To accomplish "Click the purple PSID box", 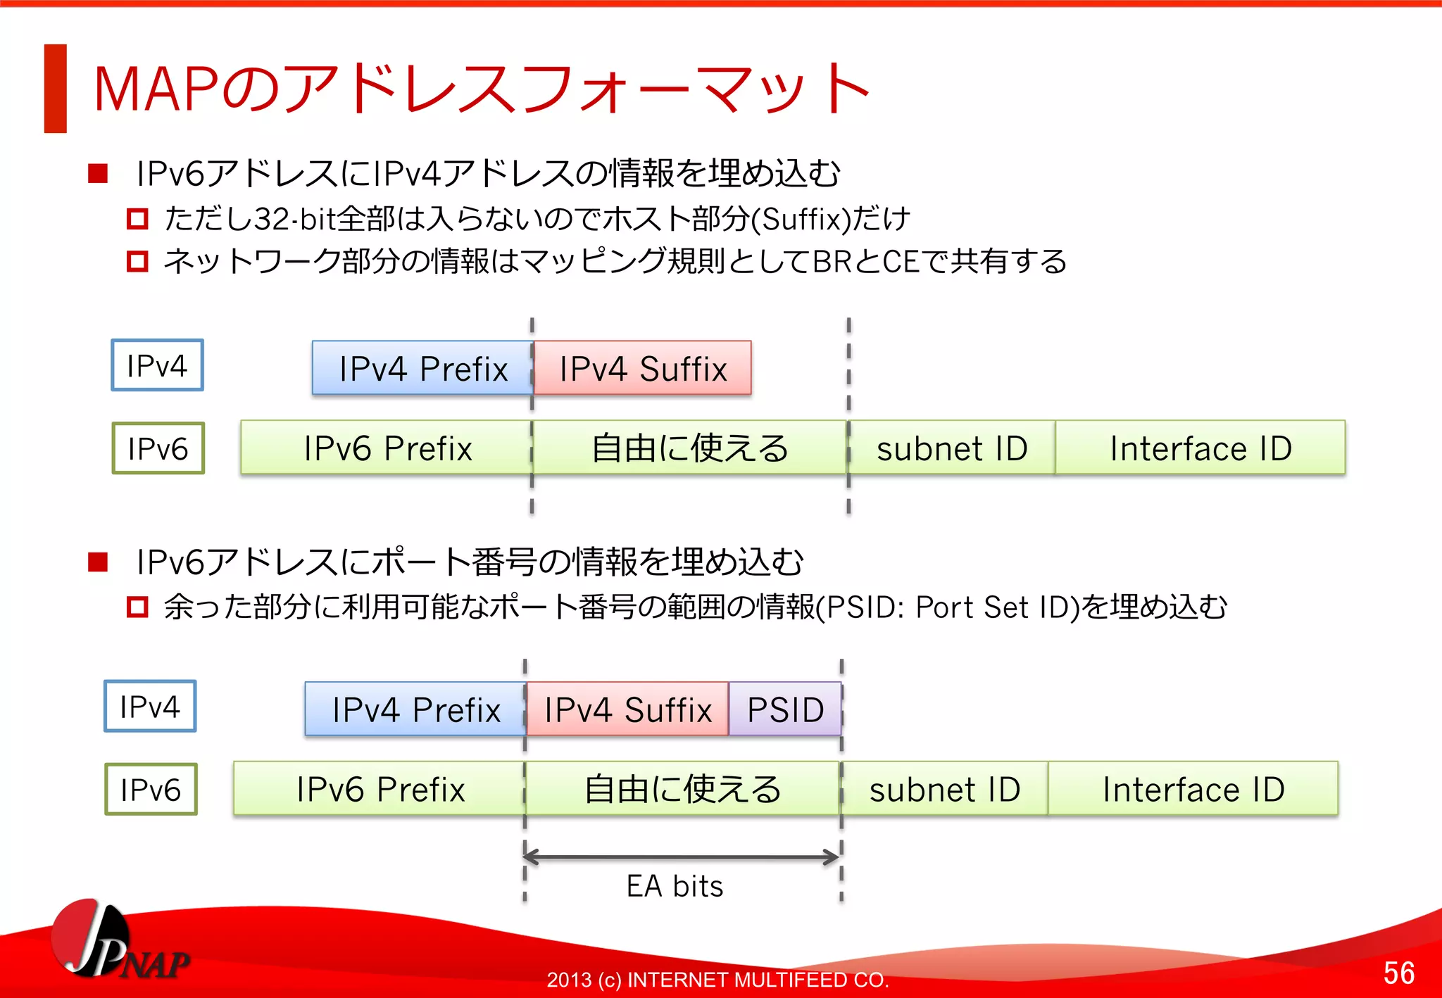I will [785, 709].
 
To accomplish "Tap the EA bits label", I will [675, 886].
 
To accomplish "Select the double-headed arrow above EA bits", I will [682, 857].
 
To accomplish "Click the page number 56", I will [1398, 973].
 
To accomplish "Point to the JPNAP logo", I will [116, 943].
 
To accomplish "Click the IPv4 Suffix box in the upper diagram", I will [642, 368].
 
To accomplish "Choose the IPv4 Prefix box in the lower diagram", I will [415, 709].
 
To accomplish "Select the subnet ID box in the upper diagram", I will [951, 448].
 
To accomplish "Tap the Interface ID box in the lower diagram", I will [1193, 789].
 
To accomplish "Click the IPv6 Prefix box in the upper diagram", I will [387, 448].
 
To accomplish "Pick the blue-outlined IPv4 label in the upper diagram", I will [157, 365].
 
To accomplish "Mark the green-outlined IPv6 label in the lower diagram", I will [151, 789].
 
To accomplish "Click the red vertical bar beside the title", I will [55, 89].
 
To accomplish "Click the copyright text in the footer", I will [717, 979].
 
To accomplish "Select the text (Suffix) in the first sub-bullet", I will [801, 220].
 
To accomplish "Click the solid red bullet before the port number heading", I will [98, 562].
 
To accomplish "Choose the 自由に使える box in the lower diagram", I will [682, 789].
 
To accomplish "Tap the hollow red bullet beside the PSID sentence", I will [137, 607].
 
